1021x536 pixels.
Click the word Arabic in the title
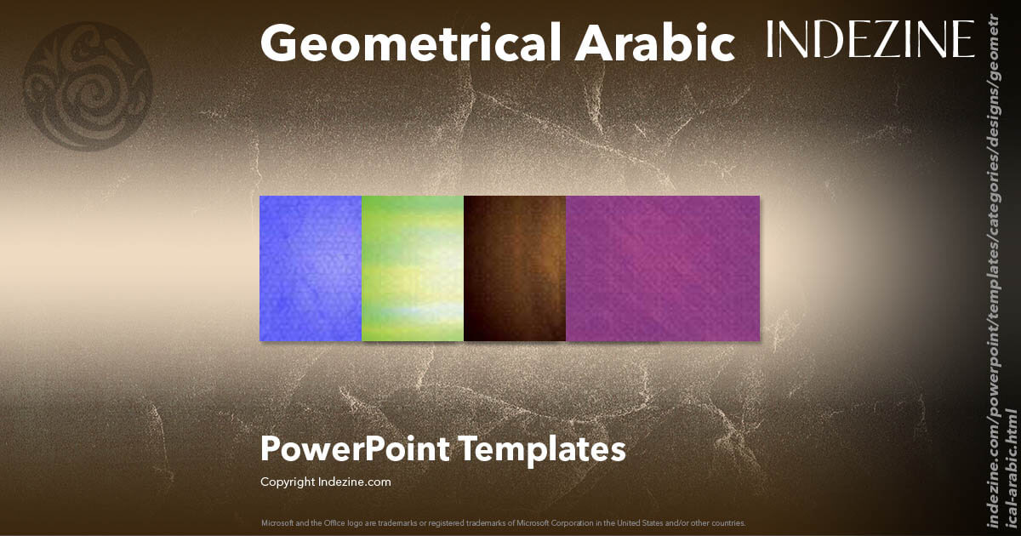pyautogui.click(x=655, y=43)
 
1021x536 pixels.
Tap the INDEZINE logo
pyautogui.click(x=870, y=39)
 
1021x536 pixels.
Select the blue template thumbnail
pyautogui.click(x=311, y=268)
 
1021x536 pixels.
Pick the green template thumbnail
pyautogui.click(x=413, y=268)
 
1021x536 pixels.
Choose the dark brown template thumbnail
pyautogui.click(x=515, y=268)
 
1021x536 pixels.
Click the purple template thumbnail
pyautogui.click(x=663, y=268)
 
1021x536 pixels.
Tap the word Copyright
pyautogui.click(x=288, y=482)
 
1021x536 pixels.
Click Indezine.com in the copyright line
pyautogui.click(x=355, y=482)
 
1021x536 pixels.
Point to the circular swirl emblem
pyautogui.click(x=88, y=85)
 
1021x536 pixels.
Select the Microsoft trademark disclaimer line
pyautogui.click(x=503, y=522)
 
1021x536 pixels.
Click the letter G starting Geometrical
pyautogui.click(x=279, y=43)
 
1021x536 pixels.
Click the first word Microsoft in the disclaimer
pyautogui.click(x=277, y=522)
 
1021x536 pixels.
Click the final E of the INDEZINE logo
pyautogui.click(x=964, y=39)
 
